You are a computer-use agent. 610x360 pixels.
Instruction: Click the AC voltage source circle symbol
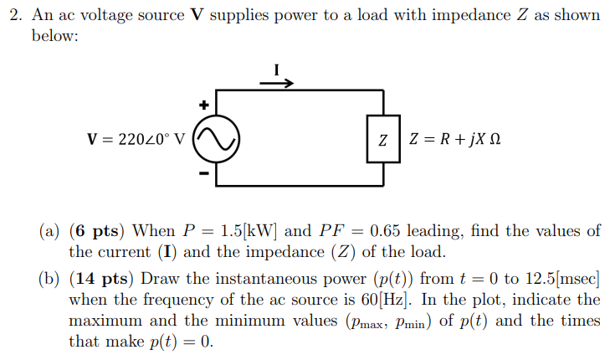[217, 139]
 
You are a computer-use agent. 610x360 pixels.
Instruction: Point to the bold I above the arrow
[276, 69]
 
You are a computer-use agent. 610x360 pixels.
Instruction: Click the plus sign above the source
[202, 105]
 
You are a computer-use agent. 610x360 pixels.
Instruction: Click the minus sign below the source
[202, 175]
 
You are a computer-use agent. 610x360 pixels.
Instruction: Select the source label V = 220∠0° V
[136, 139]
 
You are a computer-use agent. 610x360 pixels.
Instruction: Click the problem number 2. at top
[14, 16]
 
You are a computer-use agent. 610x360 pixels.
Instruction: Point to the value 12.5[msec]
[559, 279]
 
